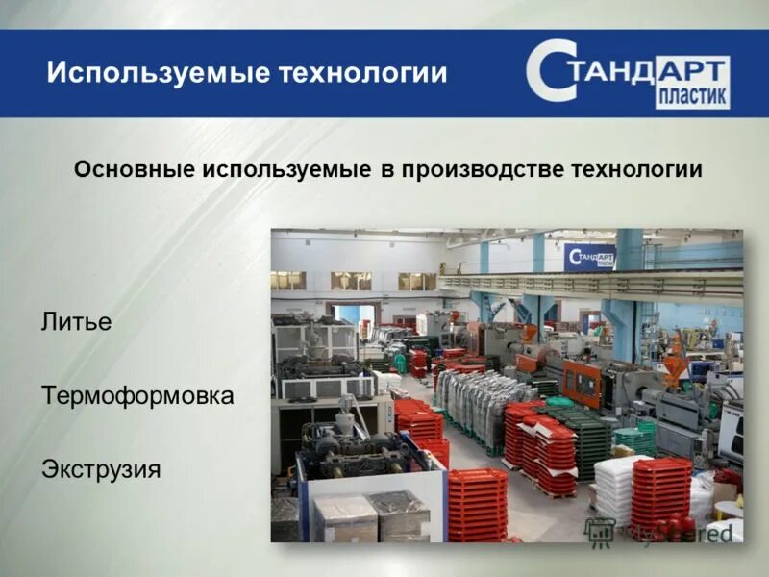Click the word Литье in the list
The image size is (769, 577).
tap(76, 322)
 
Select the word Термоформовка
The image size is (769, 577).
tap(137, 395)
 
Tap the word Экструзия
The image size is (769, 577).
tap(100, 469)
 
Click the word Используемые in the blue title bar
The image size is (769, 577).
tap(155, 73)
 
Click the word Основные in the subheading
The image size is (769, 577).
tap(134, 169)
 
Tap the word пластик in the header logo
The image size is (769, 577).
tap(692, 97)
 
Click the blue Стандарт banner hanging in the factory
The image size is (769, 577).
tap(589, 258)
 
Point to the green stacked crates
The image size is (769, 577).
tap(588, 443)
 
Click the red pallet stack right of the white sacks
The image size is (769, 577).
tap(660, 490)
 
